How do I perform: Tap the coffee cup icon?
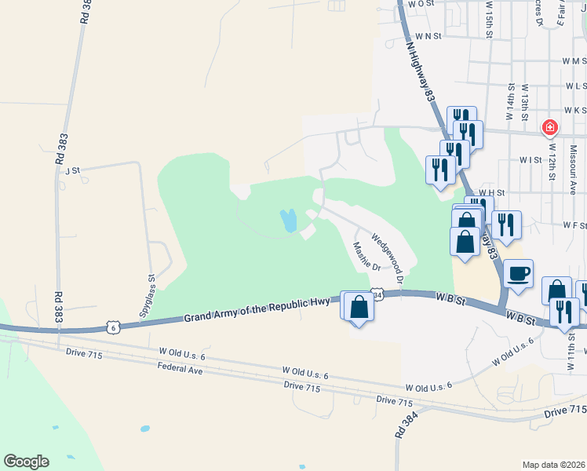tap(518, 274)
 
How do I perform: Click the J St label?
tap(74, 170)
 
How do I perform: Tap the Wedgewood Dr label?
tap(387, 258)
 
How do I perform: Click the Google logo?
tap(26, 462)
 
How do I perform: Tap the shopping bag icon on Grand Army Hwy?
tap(359, 306)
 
